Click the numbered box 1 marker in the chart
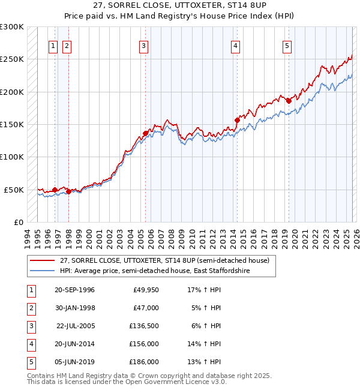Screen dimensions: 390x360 [x=53, y=46]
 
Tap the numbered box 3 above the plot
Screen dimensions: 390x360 [x=144, y=46]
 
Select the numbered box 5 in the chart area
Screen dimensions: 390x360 [x=287, y=46]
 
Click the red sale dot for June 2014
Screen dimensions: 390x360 [x=236, y=120]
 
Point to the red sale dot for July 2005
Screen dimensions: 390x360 [x=145, y=133]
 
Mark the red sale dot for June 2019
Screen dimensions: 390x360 [x=288, y=101]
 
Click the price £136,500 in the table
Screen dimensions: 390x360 [x=144, y=326]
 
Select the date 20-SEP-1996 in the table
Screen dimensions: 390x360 [x=74, y=290]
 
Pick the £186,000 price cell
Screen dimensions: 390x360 [x=144, y=362]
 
